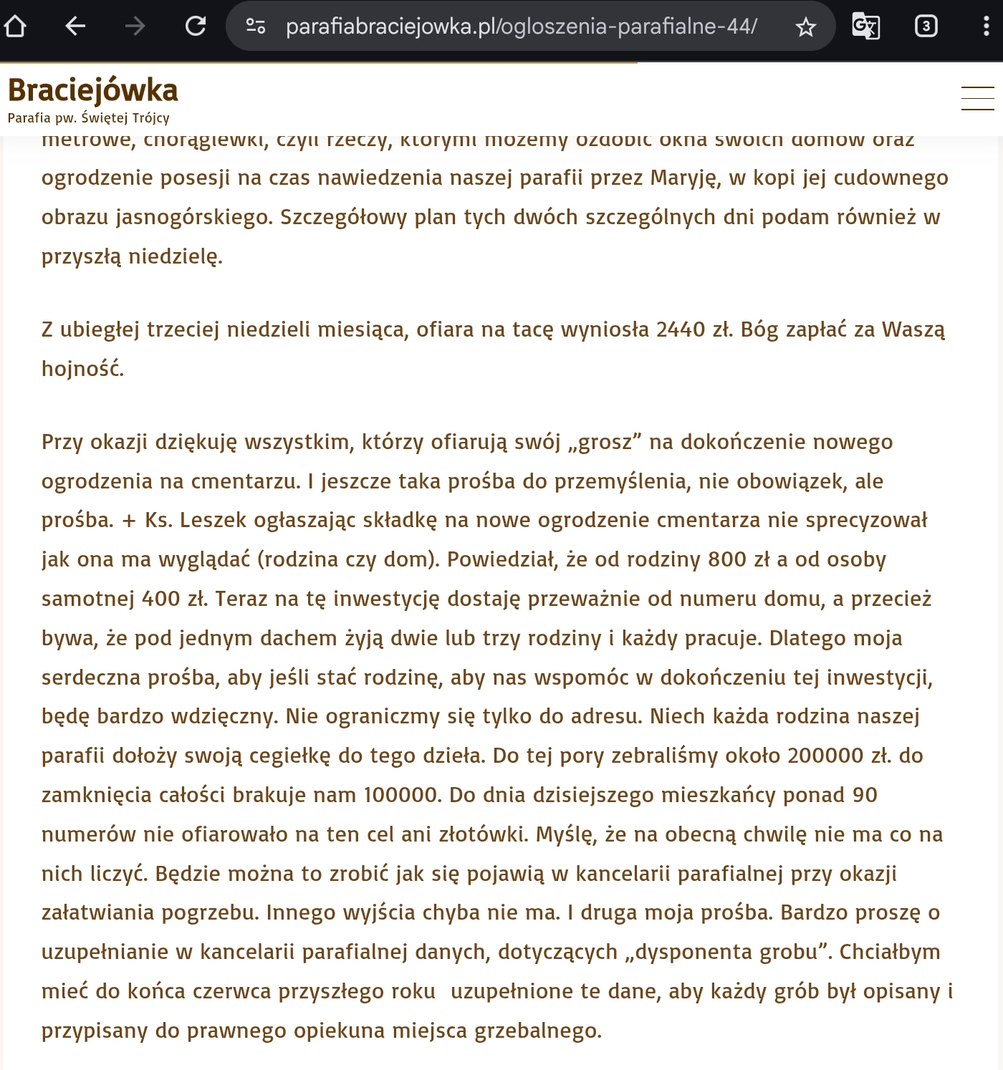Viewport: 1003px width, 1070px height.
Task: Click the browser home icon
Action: tap(15, 26)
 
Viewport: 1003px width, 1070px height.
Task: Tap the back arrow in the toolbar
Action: tap(75, 26)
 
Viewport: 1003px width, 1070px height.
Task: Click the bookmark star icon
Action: tap(806, 27)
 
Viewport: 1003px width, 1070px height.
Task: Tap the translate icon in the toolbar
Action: tap(865, 26)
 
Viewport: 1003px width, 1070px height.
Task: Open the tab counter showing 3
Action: tap(926, 26)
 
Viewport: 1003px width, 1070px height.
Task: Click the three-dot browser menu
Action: tap(987, 26)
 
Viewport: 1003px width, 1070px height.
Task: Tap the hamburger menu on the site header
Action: tap(977, 98)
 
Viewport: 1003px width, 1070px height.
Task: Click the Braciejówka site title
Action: tap(93, 91)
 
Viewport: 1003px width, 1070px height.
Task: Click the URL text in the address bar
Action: tap(521, 26)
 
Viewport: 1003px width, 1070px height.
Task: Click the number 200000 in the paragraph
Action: tap(825, 756)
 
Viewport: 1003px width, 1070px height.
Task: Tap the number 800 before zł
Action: tap(727, 559)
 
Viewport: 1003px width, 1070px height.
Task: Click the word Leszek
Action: tap(213, 520)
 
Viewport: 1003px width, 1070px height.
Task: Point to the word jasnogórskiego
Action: tap(195, 217)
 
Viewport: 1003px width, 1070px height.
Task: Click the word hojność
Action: tap(82, 369)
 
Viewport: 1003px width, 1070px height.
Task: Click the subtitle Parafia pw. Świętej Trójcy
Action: tap(89, 118)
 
